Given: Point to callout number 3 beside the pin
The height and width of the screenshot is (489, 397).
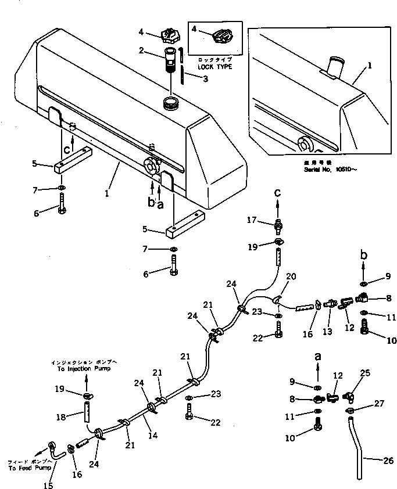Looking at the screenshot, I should point(189,80).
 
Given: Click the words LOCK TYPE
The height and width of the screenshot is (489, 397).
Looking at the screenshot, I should point(214,67).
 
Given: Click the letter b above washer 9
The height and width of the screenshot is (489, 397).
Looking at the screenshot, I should point(363,254).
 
